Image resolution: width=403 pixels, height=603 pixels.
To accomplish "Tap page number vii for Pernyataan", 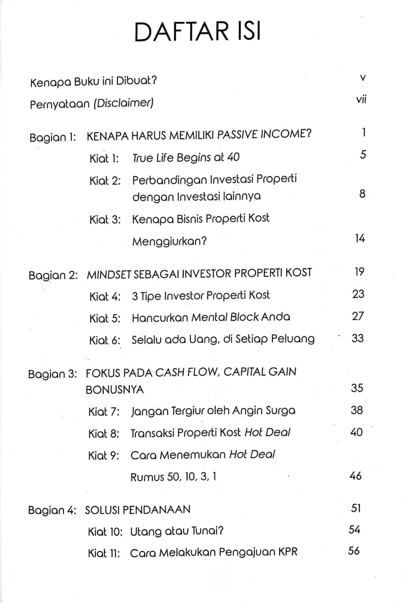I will click(360, 100).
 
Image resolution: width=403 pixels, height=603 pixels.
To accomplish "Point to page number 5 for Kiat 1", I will click(363, 155).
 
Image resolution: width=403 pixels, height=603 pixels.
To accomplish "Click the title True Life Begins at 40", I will click(186, 158).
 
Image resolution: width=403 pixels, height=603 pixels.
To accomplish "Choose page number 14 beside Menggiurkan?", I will click(359, 238).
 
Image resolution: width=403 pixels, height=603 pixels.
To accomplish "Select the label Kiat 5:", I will click(105, 318).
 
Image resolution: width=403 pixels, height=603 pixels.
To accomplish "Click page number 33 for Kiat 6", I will click(358, 338).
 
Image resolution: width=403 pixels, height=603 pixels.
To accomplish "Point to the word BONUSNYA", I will click(115, 389).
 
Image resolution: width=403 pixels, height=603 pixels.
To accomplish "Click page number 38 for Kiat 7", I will click(357, 410).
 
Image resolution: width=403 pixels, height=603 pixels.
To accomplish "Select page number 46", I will click(356, 475).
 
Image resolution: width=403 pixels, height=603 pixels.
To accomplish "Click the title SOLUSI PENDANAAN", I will click(138, 510).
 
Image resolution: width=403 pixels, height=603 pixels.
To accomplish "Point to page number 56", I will click(354, 551).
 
